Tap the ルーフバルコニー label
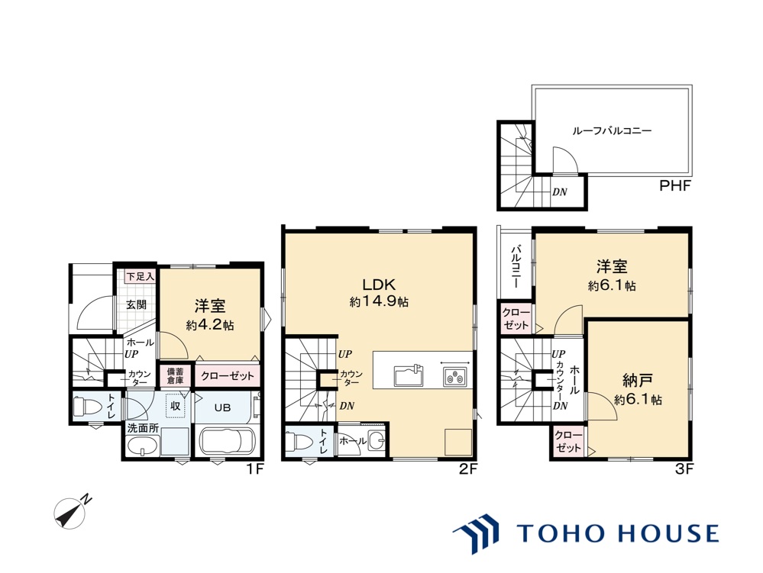point(612,130)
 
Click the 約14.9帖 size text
point(379,302)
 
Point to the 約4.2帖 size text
point(210,324)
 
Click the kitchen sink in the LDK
point(409,376)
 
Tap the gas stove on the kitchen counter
point(454,375)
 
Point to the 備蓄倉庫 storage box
point(175,375)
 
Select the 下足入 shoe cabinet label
point(140,275)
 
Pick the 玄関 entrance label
point(137,304)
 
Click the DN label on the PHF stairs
point(559,192)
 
